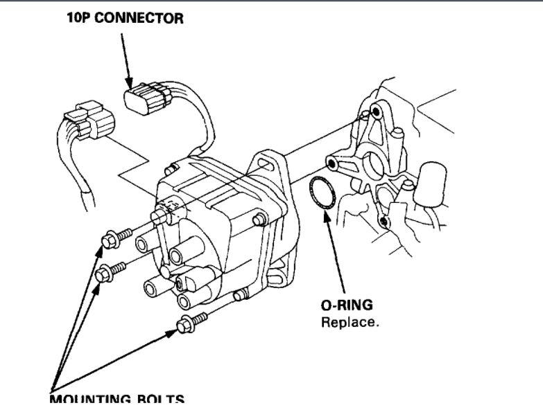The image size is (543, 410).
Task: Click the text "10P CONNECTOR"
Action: [x=125, y=18]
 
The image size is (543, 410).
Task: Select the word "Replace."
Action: [x=350, y=322]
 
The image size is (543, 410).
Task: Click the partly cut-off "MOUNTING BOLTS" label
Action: [x=117, y=400]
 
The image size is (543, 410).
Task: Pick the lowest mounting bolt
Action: [x=186, y=323]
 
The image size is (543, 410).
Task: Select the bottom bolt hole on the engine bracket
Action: [x=383, y=221]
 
